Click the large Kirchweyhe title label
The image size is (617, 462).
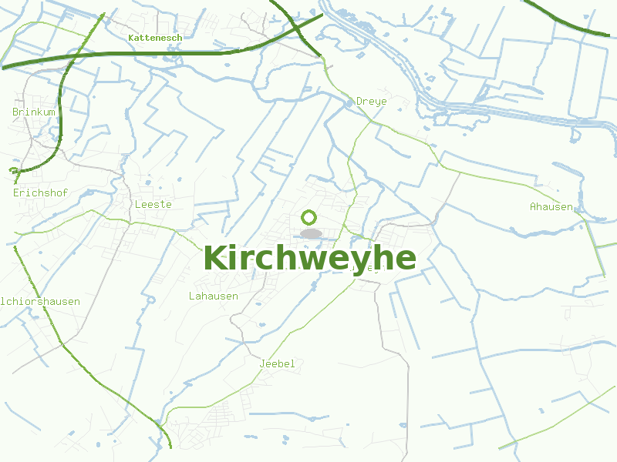pyautogui.click(x=309, y=258)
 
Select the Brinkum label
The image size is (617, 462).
pyautogui.click(x=34, y=112)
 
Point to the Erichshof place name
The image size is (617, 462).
pyautogui.click(x=35, y=192)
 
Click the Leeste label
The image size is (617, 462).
pyautogui.click(x=153, y=204)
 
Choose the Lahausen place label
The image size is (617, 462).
pyautogui.click(x=213, y=296)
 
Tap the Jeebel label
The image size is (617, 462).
pyautogui.click(x=278, y=363)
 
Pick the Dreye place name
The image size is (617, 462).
pyautogui.click(x=371, y=101)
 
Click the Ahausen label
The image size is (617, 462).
pyautogui.click(x=551, y=206)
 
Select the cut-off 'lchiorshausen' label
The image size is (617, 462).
pyautogui.click(x=40, y=301)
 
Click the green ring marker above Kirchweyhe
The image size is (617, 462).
pyautogui.click(x=309, y=217)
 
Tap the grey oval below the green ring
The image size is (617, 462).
pyautogui.click(x=311, y=233)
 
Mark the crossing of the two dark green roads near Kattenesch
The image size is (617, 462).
pyautogui.click(x=296, y=28)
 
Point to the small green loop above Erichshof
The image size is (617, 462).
pyautogui.click(x=13, y=171)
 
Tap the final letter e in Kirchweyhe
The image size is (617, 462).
pyautogui.click(x=405, y=259)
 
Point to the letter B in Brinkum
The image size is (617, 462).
pyautogui.click(x=15, y=112)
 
